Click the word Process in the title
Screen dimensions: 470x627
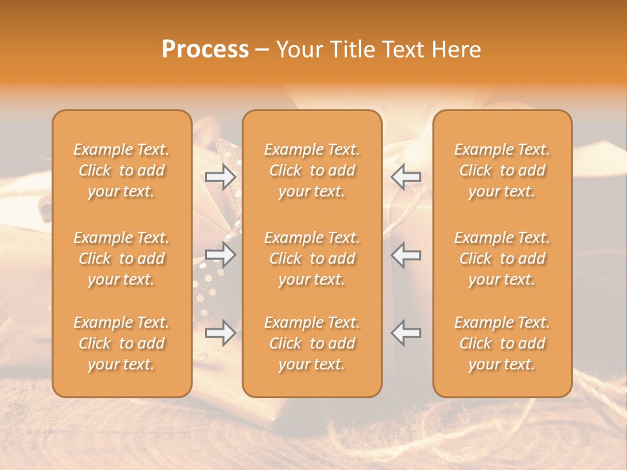click(x=205, y=50)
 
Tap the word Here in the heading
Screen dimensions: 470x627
click(x=457, y=50)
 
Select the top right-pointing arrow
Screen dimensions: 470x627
click(x=221, y=176)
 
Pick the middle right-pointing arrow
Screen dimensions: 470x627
click(x=221, y=255)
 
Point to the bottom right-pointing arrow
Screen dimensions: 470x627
click(x=221, y=333)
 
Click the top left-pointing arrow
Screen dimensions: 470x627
click(x=406, y=176)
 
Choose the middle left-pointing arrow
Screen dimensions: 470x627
click(x=406, y=255)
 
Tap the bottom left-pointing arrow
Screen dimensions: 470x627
click(x=406, y=333)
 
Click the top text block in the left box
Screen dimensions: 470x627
click(x=121, y=170)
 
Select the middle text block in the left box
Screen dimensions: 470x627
click(x=121, y=258)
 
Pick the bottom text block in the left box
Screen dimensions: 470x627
click(x=121, y=343)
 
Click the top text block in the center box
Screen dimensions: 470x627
click(x=312, y=170)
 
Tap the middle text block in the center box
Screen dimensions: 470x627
click(x=312, y=258)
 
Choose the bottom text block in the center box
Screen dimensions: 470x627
click(x=312, y=343)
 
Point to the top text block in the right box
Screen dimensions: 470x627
click(x=502, y=170)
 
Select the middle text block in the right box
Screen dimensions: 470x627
click(x=502, y=258)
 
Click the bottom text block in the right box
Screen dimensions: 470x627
click(x=502, y=343)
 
